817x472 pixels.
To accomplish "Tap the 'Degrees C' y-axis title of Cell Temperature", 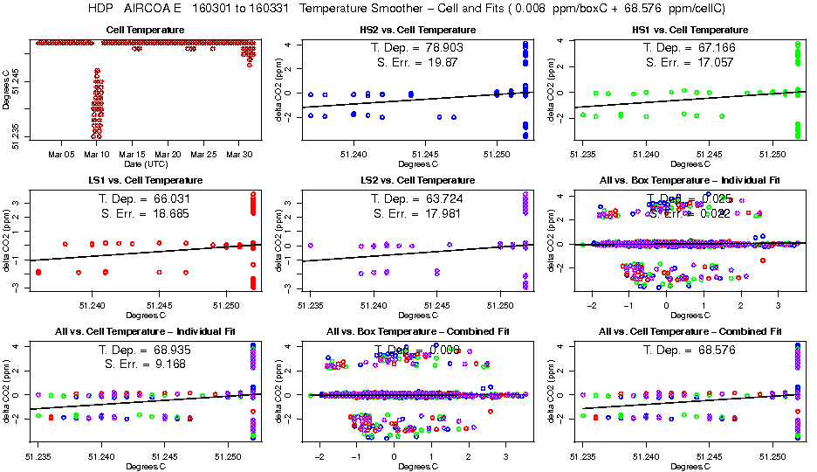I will coord(7,90).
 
